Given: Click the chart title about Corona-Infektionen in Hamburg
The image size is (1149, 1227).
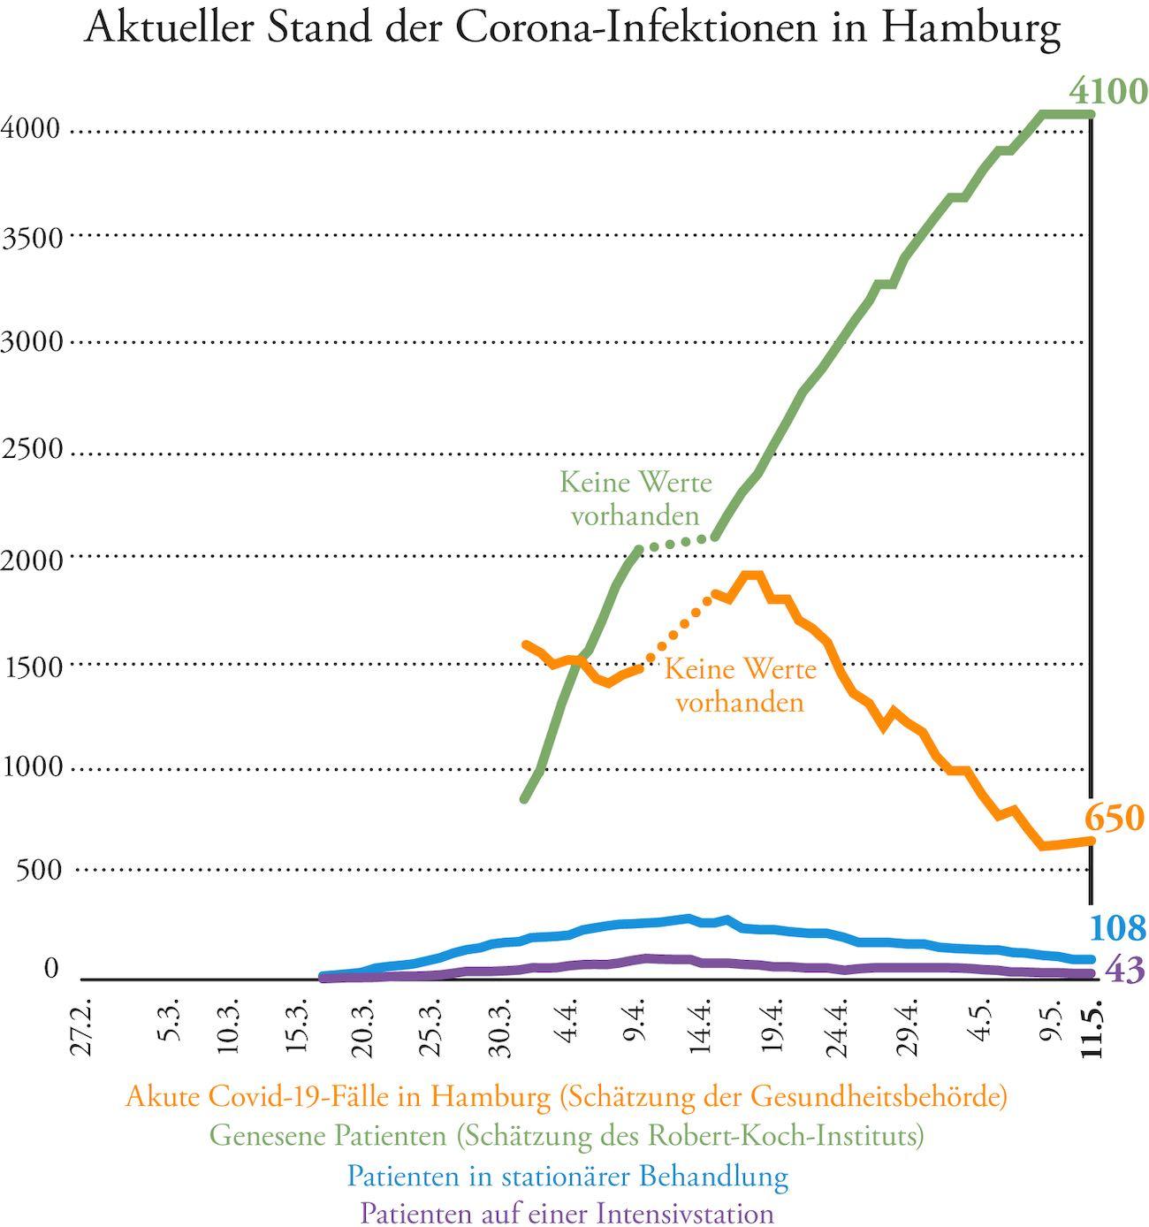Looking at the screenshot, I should [573, 28].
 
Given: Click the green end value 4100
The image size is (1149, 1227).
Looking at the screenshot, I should [1107, 91].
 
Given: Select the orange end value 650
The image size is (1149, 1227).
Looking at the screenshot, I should [1115, 819].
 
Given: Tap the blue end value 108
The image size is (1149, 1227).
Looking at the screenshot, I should [1117, 928].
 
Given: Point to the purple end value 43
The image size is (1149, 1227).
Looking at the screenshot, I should [1125, 971].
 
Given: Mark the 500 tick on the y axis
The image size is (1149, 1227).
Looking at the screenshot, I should [39, 870].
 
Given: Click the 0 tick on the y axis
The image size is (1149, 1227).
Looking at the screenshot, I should [50, 969].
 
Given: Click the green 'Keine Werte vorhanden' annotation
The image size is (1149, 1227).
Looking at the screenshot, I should [635, 499].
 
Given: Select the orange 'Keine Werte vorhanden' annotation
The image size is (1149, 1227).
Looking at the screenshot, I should [740, 685].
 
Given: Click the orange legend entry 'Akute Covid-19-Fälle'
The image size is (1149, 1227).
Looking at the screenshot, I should [567, 1097].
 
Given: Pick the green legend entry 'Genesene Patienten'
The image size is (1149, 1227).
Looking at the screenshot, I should [567, 1135].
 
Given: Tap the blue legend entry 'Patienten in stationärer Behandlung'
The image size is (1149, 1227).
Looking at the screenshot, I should [567, 1176].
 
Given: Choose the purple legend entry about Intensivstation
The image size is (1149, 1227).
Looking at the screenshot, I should [567, 1212].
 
